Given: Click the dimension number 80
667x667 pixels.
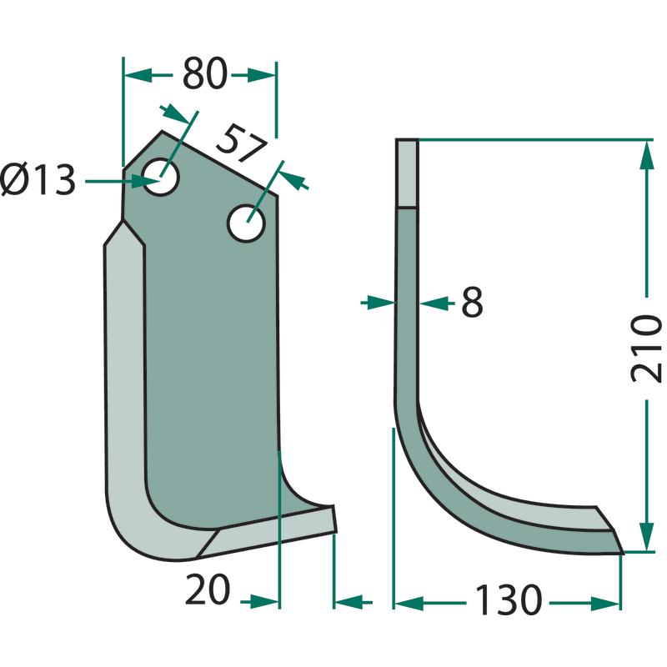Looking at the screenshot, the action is point(204,74).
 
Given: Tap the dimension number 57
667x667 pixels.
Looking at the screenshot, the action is point(241,143).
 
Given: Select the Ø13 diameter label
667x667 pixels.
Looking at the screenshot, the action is point(38,180).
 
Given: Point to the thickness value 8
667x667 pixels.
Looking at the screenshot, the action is point(472,303).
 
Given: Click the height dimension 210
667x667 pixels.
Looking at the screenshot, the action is point(646,349).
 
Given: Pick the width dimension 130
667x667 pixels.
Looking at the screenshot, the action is point(509,600).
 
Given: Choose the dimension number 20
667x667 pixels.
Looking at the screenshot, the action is point(208,590).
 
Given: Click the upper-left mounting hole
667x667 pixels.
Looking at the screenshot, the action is point(160,177).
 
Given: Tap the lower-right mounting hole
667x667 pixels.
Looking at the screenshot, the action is point(246,223).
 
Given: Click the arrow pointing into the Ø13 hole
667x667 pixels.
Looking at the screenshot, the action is point(121,181).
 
